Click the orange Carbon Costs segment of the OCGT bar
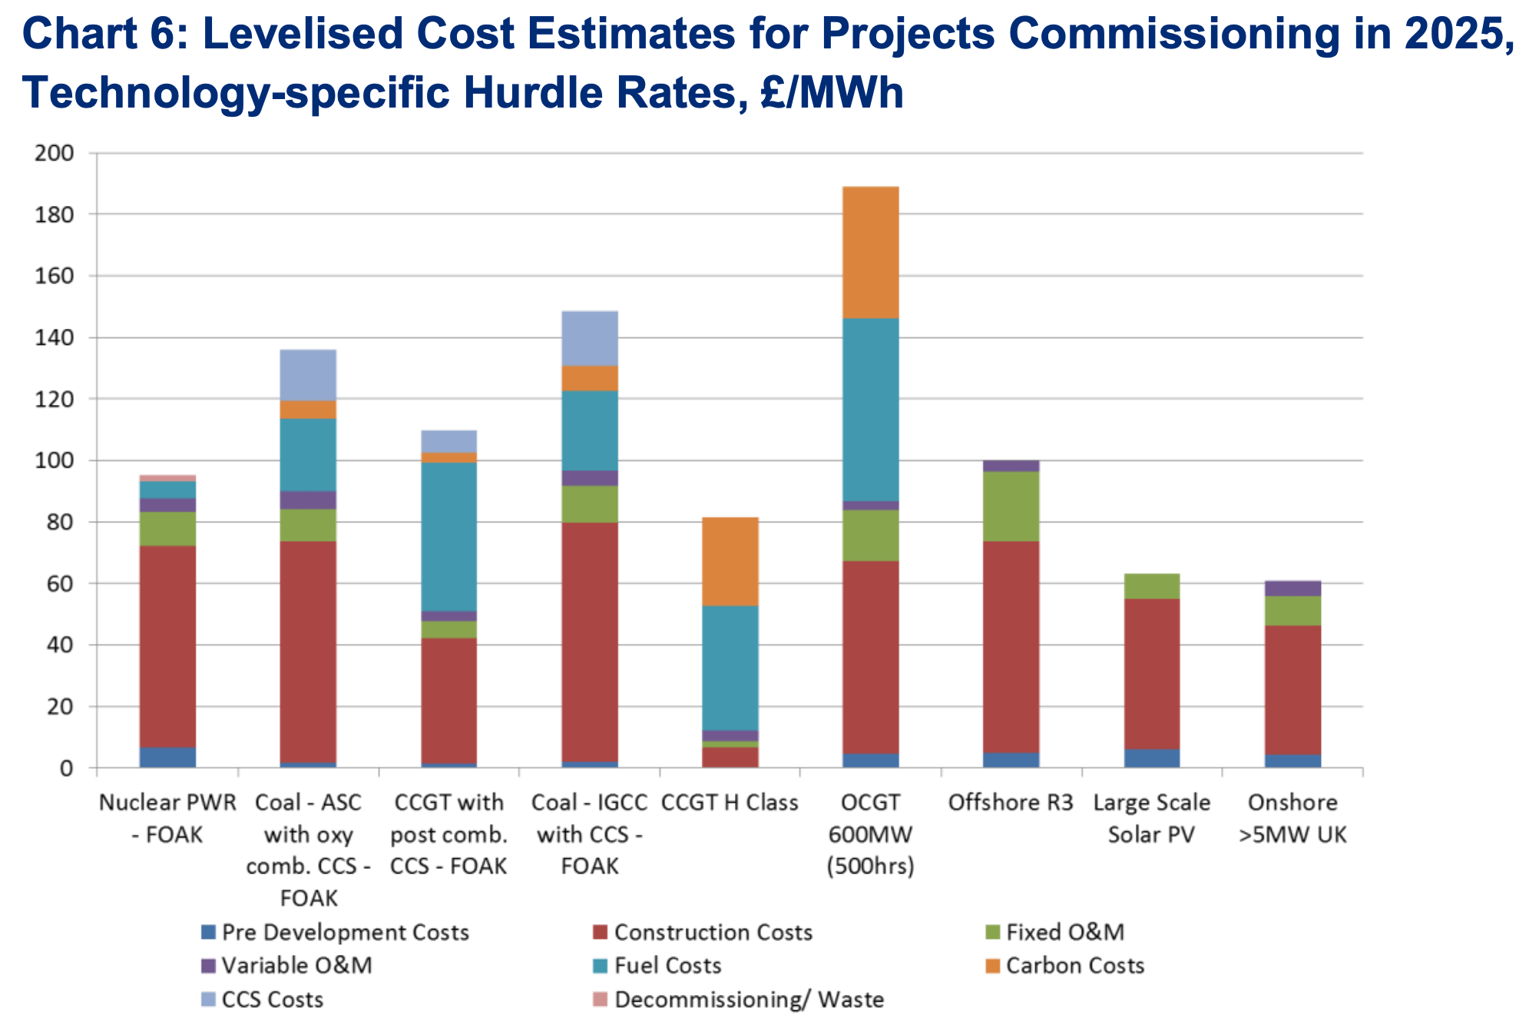point(870,252)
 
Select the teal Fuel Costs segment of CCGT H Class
point(730,667)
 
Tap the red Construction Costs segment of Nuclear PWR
point(167,645)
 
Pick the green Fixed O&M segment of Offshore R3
point(1011,506)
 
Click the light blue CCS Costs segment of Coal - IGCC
point(589,338)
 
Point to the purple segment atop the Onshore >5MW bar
point(1292,589)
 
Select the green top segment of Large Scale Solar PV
point(1151,585)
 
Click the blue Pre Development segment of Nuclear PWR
point(167,757)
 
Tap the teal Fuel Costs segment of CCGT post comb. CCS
point(448,536)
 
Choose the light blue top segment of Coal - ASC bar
point(308,374)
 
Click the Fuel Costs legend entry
point(667,965)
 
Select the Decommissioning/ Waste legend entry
point(748,1000)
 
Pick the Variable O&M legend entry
point(296,965)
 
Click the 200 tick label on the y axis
point(55,153)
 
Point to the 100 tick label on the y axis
point(55,460)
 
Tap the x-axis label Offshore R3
point(1010,802)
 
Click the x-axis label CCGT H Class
point(730,802)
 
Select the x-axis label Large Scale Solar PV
point(1151,818)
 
